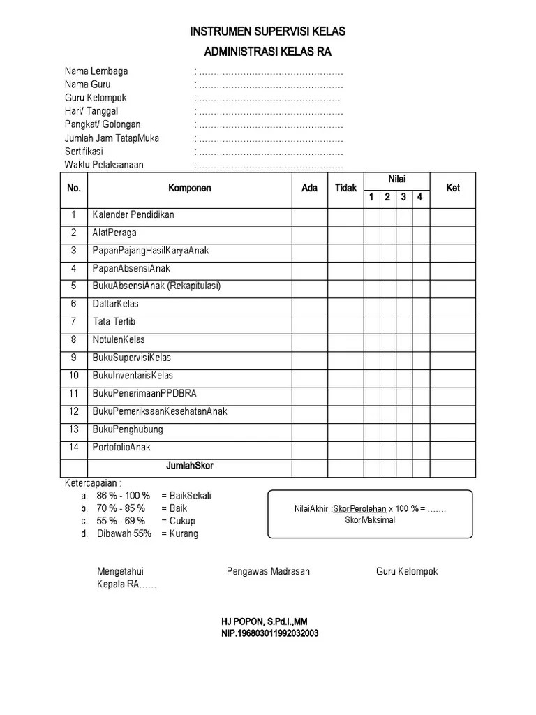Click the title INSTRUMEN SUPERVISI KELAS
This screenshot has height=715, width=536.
pyautogui.click(x=268, y=32)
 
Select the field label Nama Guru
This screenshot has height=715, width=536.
pyautogui.click(x=87, y=84)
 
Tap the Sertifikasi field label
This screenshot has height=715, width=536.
pyautogui.click(x=84, y=152)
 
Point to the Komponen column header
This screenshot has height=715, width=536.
pyautogui.click(x=190, y=188)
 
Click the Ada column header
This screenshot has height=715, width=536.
pyautogui.click(x=309, y=188)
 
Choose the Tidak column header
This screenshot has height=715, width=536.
pyautogui.click(x=345, y=188)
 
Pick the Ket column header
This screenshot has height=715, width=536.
pyautogui.click(x=453, y=188)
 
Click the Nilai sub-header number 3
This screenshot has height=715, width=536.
pyautogui.click(x=403, y=198)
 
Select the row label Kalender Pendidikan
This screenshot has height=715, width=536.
pyautogui.click(x=133, y=215)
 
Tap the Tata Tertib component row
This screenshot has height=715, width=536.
pyautogui.click(x=114, y=322)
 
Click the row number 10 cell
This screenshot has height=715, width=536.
pyautogui.click(x=74, y=376)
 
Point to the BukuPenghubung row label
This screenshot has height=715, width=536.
pyautogui.click(x=128, y=429)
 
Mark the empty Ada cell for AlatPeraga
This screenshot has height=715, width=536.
pyautogui.click(x=309, y=233)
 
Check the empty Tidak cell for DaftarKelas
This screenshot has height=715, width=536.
pyautogui.click(x=345, y=304)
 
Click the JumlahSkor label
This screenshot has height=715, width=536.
pyautogui.click(x=190, y=466)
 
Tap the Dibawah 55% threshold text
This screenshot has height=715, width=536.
pyautogui.click(x=122, y=533)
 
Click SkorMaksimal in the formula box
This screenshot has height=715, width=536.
pyautogui.click(x=370, y=520)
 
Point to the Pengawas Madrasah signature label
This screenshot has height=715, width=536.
pyautogui.click(x=268, y=571)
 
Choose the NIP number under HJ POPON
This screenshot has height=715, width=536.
pyautogui.click(x=270, y=633)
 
